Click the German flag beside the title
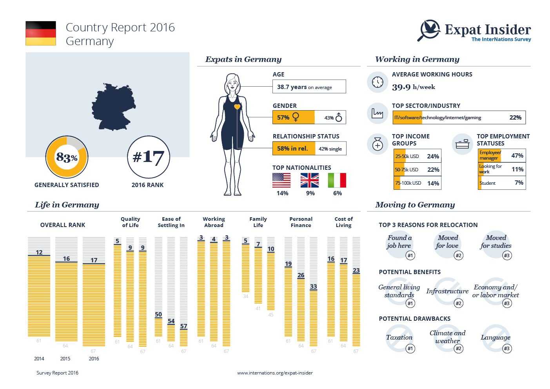pyautogui.click(x=41, y=33)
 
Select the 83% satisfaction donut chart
pyautogui.click(x=67, y=157)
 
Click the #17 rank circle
pyautogui.click(x=148, y=157)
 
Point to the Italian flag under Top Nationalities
pyautogui.click(x=337, y=180)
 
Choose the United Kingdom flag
pyautogui.click(x=310, y=180)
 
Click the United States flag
pyautogui.click(x=281, y=180)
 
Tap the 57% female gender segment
pyautogui.click(x=293, y=117)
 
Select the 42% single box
pyautogui.click(x=330, y=149)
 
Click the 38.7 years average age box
pyautogui.click(x=309, y=87)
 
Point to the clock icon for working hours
pyautogui.click(x=378, y=82)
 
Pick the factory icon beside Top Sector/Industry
pyautogui.click(x=378, y=113)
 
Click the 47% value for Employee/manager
pyautogui.click(x=517, y=156)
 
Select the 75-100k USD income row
pyautogui.click(x=417, y=183)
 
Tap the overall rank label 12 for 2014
pyautogui.click(x=39, y=252)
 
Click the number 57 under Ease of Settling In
pyautogui.click(x=183, y=326)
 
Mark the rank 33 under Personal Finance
pyautogui.click(x=313, y=287)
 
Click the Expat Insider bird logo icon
pyautogui.click(x=429, y=30)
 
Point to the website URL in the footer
pyautogui.click(x=275, y=373)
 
